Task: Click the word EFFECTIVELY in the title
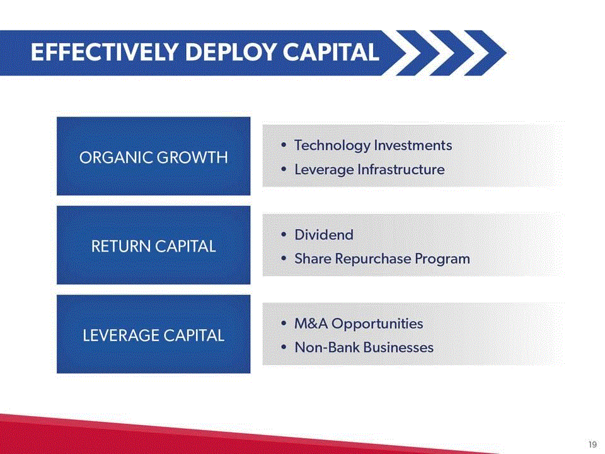tap(105, 52)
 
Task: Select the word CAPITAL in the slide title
tap(331, 52)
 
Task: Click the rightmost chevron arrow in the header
tap(485, 52)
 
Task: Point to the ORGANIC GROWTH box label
tap(154, 158)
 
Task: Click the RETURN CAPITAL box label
tap(154, 247)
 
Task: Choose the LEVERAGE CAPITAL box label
tap(154, 335)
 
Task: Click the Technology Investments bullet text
tap(373, 146)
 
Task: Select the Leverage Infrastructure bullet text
tap(369, 170)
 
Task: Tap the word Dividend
tap(324, 235)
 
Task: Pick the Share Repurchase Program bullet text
tap(382, 259)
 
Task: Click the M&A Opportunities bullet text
tap(359, 323)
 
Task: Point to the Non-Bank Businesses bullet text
tap(364, 347)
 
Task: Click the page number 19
tap(592, 445)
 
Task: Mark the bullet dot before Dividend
tap(284, 235)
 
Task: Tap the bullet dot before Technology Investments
tap(284, 145)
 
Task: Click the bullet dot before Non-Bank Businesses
tap(284, 347)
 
